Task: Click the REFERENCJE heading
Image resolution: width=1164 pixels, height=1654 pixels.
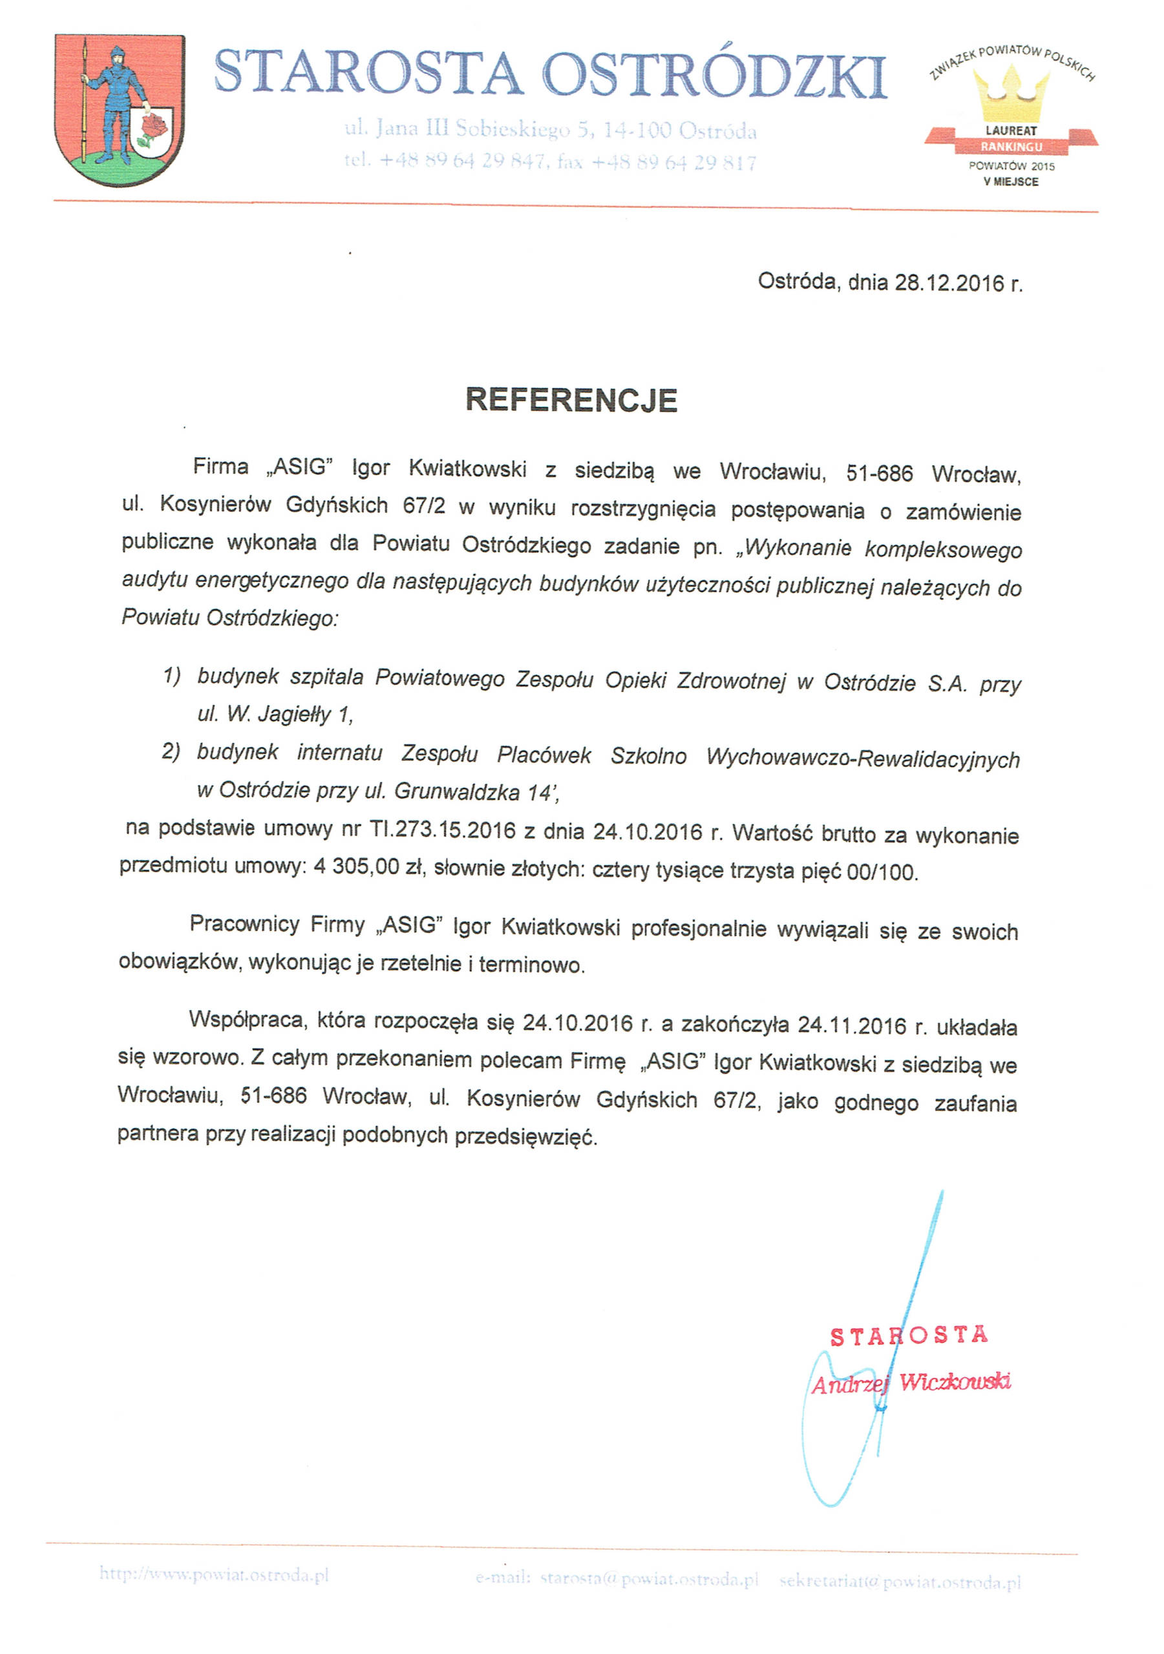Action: coord(571,401)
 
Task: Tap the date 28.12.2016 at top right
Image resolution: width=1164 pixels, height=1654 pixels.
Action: coord(949,283)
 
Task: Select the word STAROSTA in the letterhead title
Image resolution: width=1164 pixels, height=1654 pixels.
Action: coord(368,74)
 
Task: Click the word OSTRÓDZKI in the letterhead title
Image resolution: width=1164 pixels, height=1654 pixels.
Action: coord(714,75)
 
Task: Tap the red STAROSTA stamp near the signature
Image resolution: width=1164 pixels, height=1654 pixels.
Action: coord(908,1336)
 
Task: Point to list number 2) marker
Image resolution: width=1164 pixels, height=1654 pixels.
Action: coord(171,752)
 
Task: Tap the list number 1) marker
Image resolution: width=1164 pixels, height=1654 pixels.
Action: coord(171,676)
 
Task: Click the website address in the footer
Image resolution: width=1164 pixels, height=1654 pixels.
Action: coord(214,1575)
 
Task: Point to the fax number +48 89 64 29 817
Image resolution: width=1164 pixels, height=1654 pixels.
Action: coord(673,163)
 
